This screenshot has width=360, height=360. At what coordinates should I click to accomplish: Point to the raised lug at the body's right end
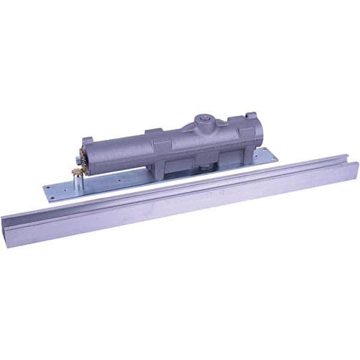pyautogui.click(x=251, y=115)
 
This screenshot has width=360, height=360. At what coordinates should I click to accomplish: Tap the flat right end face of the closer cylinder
pyautogui.click(x=259, y=136)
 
